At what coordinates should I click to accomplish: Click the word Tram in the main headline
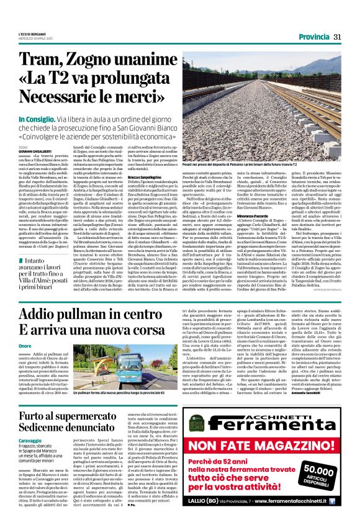coord(42,61)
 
